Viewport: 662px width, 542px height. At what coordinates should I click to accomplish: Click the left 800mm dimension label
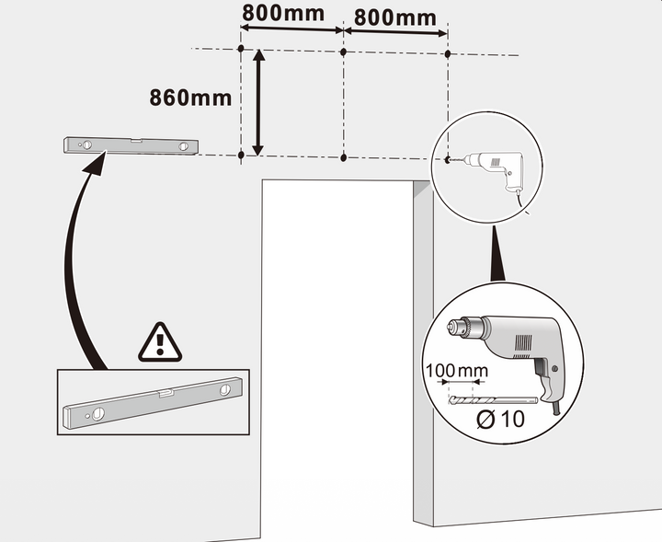click(283, 13)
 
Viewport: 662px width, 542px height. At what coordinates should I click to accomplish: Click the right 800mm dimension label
click(395, 17)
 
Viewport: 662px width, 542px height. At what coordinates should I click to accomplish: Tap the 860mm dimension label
click(190, 98)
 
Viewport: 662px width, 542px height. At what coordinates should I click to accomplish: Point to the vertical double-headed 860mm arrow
click(258, 103)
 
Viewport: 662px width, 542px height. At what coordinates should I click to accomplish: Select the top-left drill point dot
click(241, 49)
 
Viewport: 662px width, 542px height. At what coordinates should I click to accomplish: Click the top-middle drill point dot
click(343, 52)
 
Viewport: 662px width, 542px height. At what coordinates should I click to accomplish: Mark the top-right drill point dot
click(448, 53)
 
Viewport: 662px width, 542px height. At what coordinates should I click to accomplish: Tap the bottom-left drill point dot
click(241, 155)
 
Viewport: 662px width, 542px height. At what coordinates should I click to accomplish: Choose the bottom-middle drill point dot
click(343, 157)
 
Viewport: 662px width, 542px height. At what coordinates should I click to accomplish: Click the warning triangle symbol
click(160, 343)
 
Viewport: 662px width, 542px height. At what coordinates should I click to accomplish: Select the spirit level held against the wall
click(131, 145)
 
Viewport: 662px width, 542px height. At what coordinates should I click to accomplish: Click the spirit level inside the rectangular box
click(153, 403)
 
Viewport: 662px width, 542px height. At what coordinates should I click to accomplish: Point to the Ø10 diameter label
click(501, 419)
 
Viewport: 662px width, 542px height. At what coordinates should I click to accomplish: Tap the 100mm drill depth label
click(457, 371)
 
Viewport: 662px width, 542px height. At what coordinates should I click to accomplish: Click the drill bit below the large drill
click(493, 399)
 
